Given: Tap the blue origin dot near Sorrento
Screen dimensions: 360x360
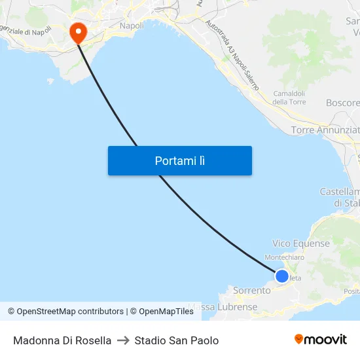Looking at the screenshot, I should [282, 276].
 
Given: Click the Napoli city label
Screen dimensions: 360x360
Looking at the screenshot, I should [132, 26].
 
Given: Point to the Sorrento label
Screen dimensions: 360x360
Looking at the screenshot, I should [251, 291].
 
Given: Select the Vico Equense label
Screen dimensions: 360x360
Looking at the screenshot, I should [301, 243].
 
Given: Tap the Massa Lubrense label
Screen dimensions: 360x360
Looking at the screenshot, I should [223, 306].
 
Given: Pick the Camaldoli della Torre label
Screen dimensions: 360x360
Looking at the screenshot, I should [289, 98].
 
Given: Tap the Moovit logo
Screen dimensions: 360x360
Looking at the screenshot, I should [321, 339].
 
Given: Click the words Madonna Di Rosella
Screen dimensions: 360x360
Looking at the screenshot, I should [62, 340].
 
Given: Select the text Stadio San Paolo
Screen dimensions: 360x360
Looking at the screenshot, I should [177, 340].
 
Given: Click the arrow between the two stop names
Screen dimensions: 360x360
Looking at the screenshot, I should [123, 340].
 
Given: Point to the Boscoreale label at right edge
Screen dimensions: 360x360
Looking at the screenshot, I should [343, 103].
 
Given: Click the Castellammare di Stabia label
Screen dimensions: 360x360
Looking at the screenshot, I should [340, 197].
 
